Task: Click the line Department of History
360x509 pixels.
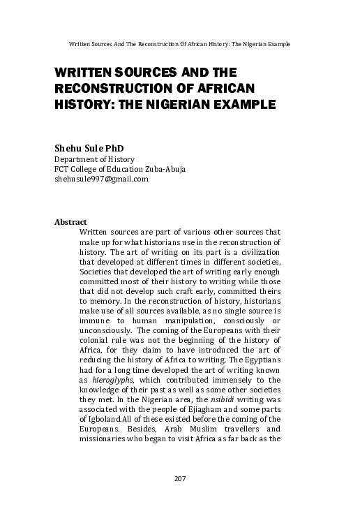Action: (91, 159)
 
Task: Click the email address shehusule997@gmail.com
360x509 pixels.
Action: (101, 179)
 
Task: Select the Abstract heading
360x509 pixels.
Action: (70, 222)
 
